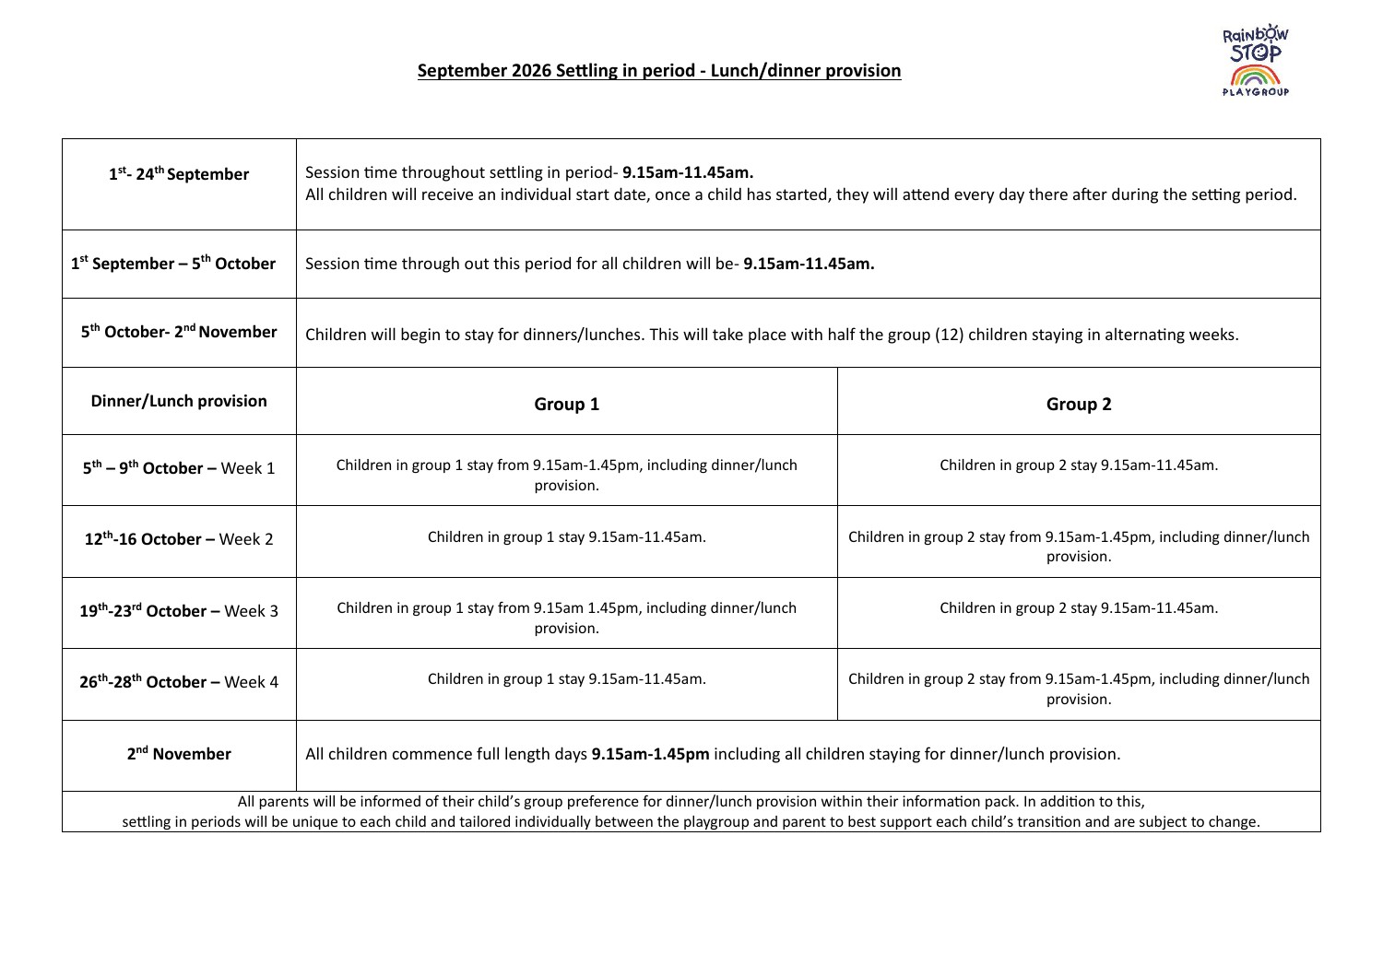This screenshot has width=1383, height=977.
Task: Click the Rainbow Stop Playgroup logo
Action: [1255, 59]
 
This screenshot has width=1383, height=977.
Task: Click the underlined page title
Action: [659, 71]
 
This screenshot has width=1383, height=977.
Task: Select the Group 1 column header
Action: [566, 404]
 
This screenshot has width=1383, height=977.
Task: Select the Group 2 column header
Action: [1078, 404]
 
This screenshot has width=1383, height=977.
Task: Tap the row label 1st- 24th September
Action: [179, 174]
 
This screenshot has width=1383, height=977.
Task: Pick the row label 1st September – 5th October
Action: [173, 264]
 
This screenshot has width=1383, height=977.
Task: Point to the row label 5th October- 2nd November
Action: [179, 332]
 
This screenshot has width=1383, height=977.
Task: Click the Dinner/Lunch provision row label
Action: [179, 401]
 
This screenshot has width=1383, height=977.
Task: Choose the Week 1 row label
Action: [179, 468]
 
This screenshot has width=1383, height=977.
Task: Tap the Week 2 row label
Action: [179, 539]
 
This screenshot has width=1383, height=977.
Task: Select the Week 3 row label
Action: [179, 611]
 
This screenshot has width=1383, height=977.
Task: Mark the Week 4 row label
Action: [179, 682]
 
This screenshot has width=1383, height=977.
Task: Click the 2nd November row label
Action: [179, 754]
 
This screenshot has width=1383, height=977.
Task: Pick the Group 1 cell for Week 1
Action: [566, 475]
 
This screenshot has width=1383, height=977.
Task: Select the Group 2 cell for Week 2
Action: [1078, 547]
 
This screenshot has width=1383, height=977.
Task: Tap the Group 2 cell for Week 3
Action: [1078, 608]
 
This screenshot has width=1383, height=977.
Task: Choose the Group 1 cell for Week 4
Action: [566, 679]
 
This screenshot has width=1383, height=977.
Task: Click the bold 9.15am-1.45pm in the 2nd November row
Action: [650, 754]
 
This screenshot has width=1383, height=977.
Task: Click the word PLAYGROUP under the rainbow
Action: [1255, 91]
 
